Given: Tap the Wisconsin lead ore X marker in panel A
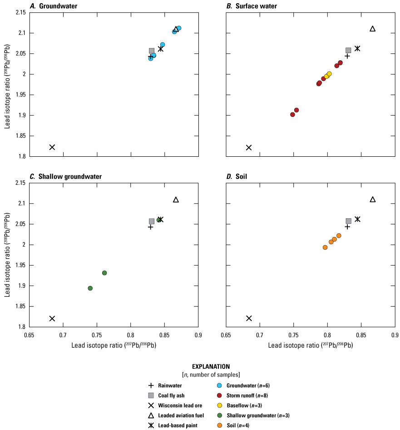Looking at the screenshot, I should (x=52, y=147).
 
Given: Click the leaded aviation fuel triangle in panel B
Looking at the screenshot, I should (x=373, y=29).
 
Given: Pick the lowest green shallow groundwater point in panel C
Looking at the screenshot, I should (x=90, y=288).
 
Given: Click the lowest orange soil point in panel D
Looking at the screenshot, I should (x=325, y=247).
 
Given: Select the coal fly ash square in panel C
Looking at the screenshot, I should (x=152, y=221).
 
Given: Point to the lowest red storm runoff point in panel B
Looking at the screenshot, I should (x=293, y=115).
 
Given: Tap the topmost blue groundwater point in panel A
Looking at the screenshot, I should (x=179, y=28).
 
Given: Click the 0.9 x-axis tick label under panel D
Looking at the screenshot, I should (x=395, y=336).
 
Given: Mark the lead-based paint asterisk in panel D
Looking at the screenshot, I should (x=357, y=219).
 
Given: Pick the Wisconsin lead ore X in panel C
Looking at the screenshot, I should (x=52, y=319).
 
